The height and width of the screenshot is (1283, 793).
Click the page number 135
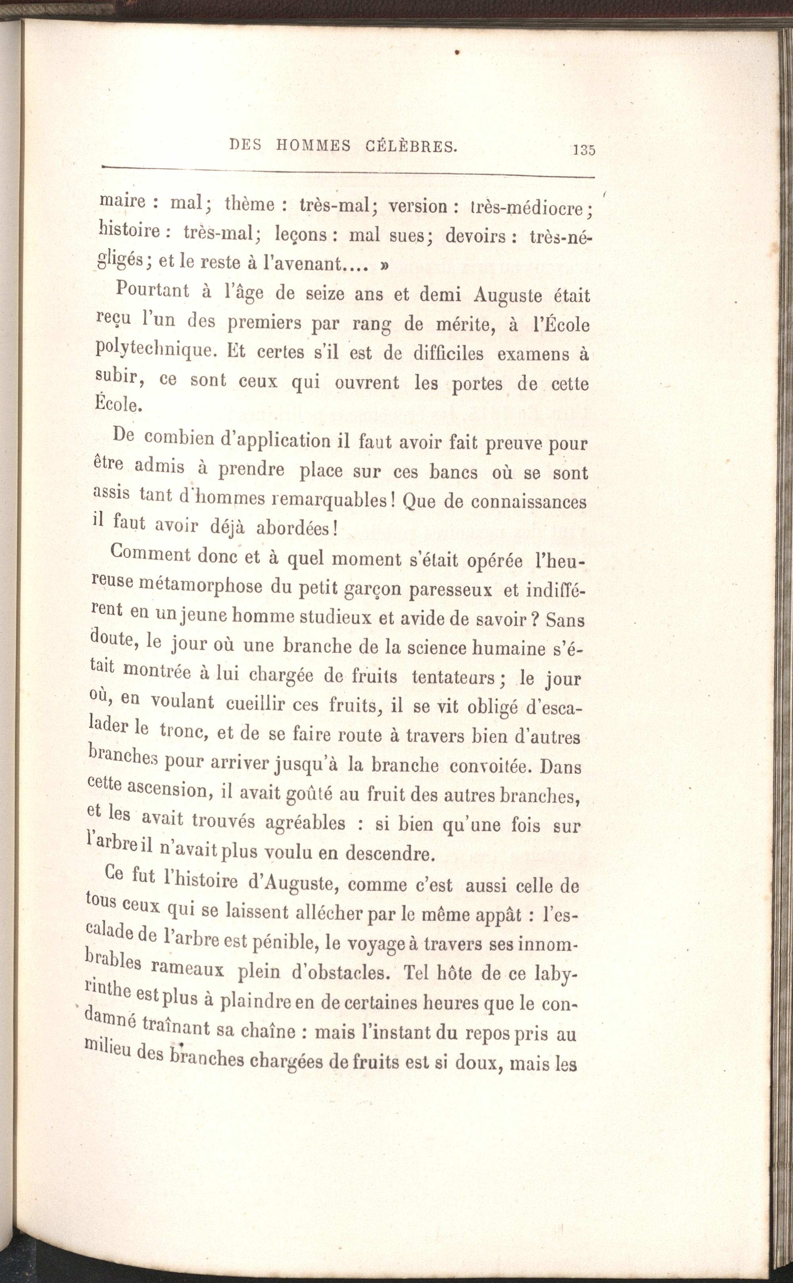(584, 150)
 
